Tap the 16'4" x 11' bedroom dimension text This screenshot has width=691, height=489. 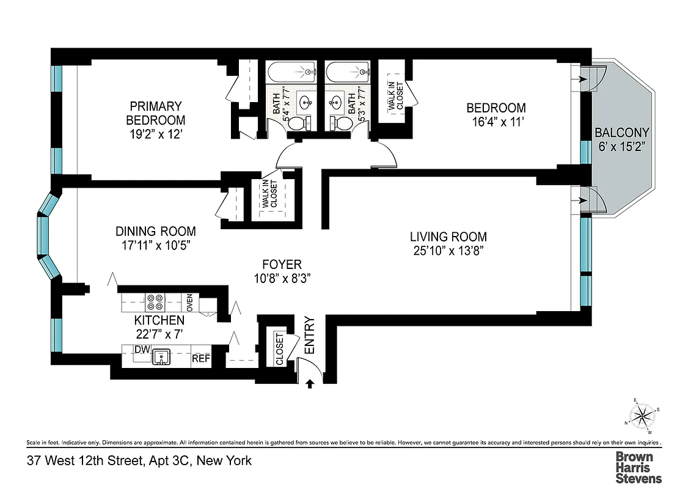click(495, 122)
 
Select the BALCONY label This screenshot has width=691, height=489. click(622, 132)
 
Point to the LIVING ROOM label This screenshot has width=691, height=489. click(448, 237)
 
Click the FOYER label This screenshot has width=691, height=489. click(282, 265)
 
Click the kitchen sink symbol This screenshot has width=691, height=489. click(161, 355)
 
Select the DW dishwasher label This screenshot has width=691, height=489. click(142, 350)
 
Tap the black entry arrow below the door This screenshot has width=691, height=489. click(310, 383)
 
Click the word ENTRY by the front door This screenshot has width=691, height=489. click(310, 336)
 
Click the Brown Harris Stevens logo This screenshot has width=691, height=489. click(638, 467)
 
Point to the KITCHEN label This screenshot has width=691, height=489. click(159, 320)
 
